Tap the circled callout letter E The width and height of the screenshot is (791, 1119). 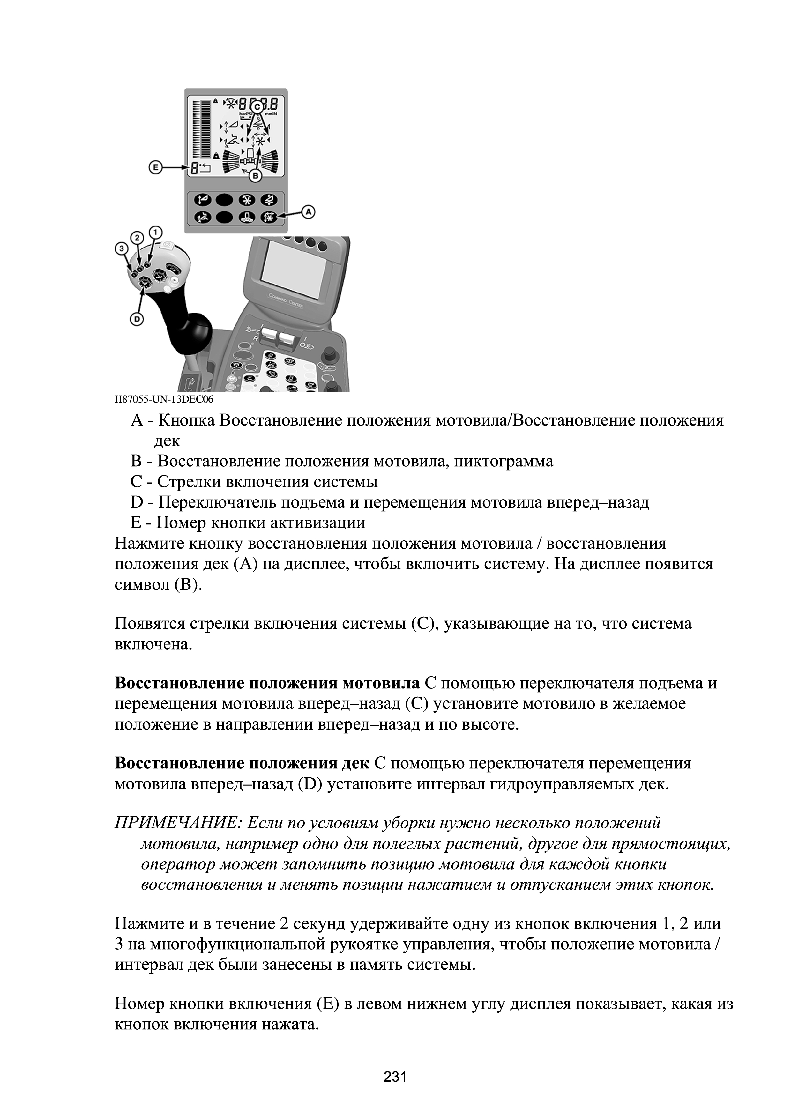click(x=154, y=168)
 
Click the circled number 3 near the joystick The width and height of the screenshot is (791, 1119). click(x=120, y=248)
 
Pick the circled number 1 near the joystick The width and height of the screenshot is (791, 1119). click(x=155, y=232)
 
